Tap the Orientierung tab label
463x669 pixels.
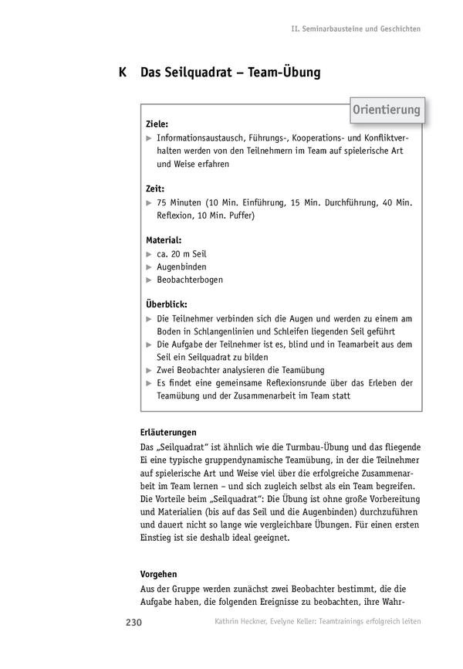coord(386,110)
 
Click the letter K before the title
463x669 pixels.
coord(123,73)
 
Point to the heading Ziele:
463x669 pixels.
coord(157,123)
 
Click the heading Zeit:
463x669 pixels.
coord(155,188)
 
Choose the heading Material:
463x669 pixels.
coord(164,239)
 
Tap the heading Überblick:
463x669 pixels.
coord(166,304)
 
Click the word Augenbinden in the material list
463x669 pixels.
coord(181,267)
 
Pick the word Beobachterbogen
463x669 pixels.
coord(190,280)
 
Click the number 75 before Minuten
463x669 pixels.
coord(162,202)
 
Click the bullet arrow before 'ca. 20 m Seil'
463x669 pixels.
coord(149,253)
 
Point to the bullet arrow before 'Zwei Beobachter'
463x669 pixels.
coord(149,370)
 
